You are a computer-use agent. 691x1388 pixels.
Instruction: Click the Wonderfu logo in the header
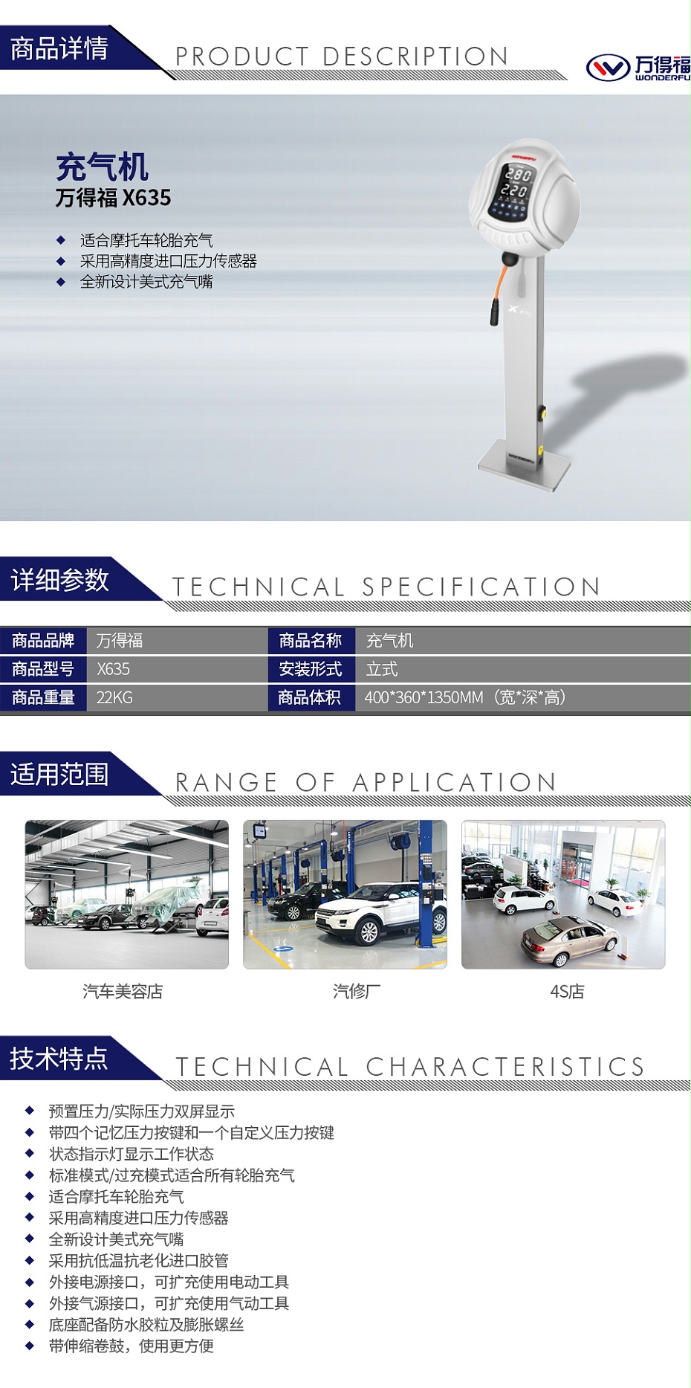coord(638,68)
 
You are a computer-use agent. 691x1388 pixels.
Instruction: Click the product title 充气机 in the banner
coord(102,167)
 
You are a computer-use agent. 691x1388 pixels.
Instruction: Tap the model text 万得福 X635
coord(113,198)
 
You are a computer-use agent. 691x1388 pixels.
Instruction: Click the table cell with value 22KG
coord(114,697)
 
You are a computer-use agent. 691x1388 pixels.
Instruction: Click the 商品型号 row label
coord(43,669)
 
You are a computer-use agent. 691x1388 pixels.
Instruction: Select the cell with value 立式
coord(382,669)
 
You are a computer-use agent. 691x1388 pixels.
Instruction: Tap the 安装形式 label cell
coord(311,669)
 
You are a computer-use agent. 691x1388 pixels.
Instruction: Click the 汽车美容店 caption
coord(123,991)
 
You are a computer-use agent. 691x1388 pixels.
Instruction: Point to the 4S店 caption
coord(567,991)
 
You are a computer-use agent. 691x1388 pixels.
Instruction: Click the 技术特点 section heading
coord(59,1058)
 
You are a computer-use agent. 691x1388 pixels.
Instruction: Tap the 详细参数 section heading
coord(59,579)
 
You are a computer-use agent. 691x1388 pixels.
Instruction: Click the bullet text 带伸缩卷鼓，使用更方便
coord(131,1346)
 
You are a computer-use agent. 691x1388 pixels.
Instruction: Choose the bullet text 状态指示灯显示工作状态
coord(131,1154)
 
